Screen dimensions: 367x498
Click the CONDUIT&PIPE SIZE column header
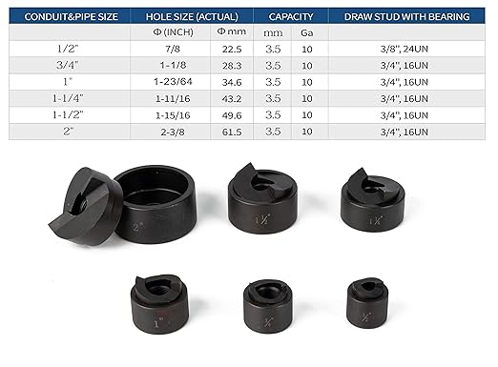point(65,16)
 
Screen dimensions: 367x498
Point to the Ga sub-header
point(304,32)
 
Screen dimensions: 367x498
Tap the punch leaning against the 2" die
point(91,205)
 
